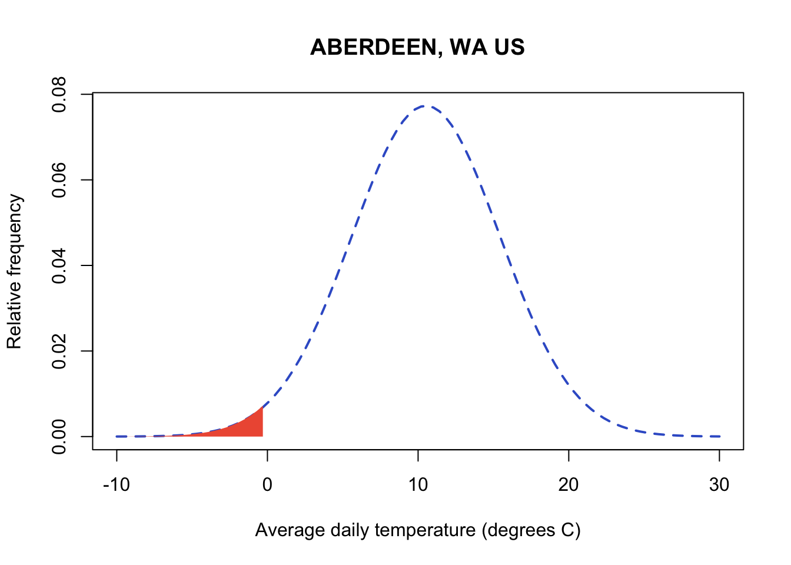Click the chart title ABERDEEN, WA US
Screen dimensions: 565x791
[x=417, y=47]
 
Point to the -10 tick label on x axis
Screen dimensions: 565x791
[x=116, y=485]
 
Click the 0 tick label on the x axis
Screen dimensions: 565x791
[x=267, y=485]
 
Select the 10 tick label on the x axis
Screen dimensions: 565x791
[x=418, y=485]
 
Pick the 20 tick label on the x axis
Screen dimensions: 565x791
[x=569, y=485]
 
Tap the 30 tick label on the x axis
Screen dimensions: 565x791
[x=719, y=485]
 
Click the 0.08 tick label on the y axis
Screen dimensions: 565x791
[x=59, y=94]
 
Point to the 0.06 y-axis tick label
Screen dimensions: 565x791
[x=59, y=180]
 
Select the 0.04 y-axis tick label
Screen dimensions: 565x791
[x=59, y=265]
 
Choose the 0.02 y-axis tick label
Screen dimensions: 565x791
[x=59, y=351]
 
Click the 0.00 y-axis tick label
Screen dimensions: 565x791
[x=59, y=437]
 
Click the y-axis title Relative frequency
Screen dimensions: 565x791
[x=14, y=271]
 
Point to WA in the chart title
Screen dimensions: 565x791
[x=468, y=47]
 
